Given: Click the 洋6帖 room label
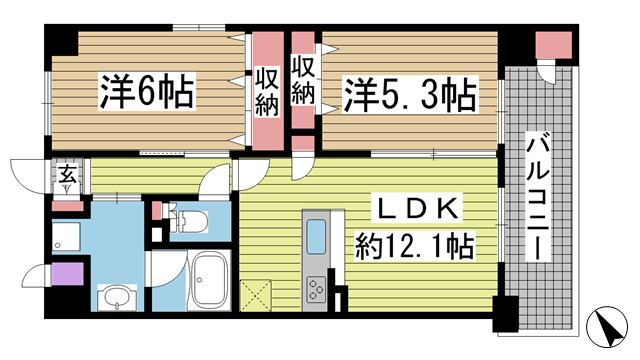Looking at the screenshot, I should (145, 94).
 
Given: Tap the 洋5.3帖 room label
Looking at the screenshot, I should (410, 96).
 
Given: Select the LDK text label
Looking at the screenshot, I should (419, 209).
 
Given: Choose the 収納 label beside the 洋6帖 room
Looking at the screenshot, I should (265, 91).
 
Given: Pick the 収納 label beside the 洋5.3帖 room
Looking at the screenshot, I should (304, 81).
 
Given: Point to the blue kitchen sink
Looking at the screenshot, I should (318, 238).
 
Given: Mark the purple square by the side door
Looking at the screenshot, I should (64, 272).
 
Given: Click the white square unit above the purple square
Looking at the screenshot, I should (66, 237).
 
